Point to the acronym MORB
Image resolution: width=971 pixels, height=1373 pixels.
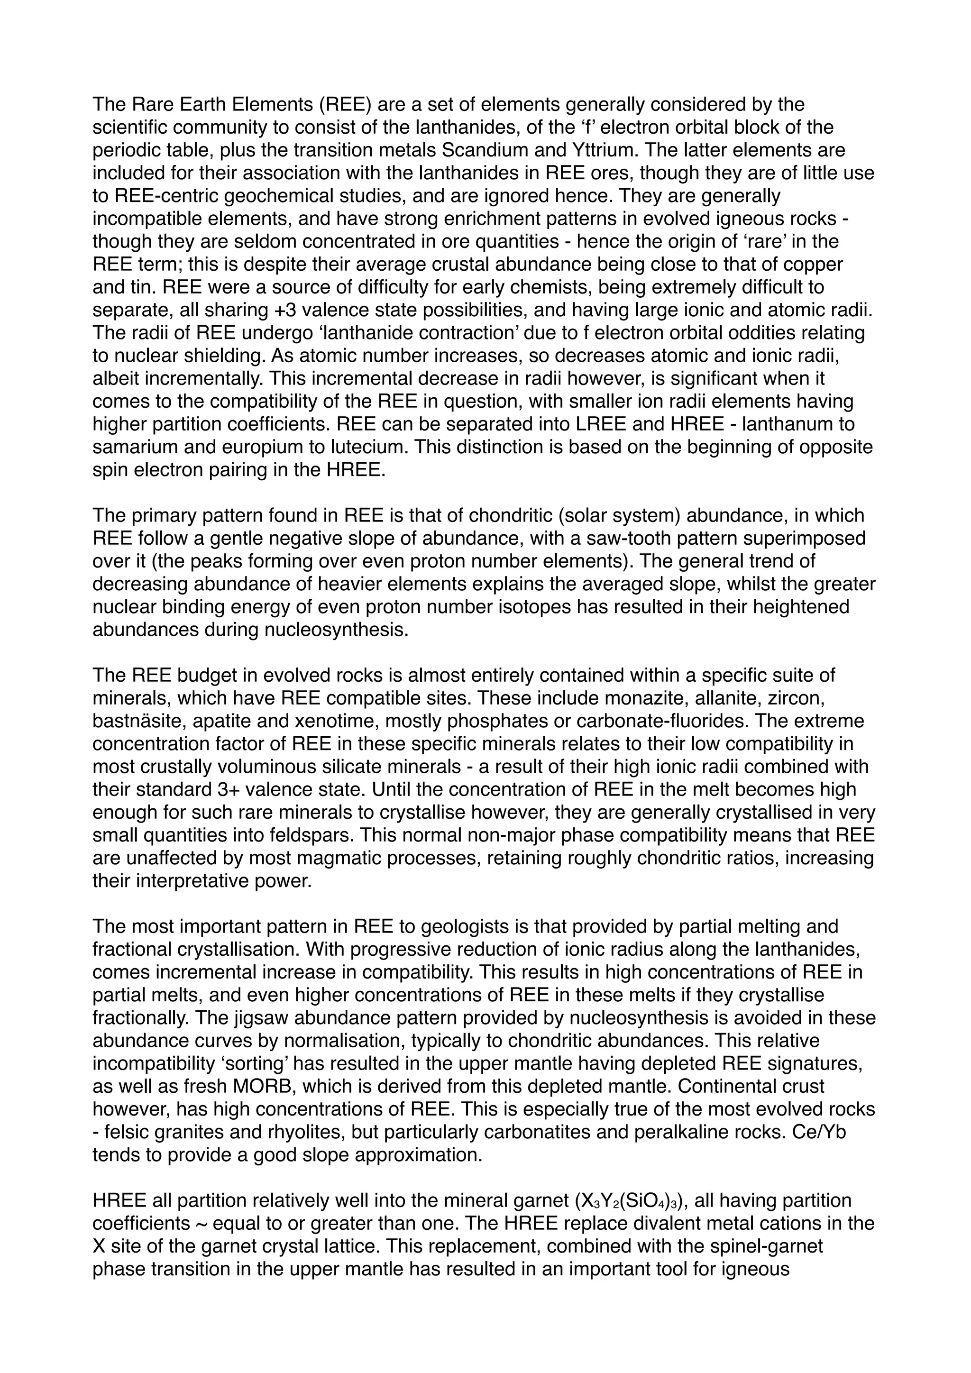[x=264, y=1087]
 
